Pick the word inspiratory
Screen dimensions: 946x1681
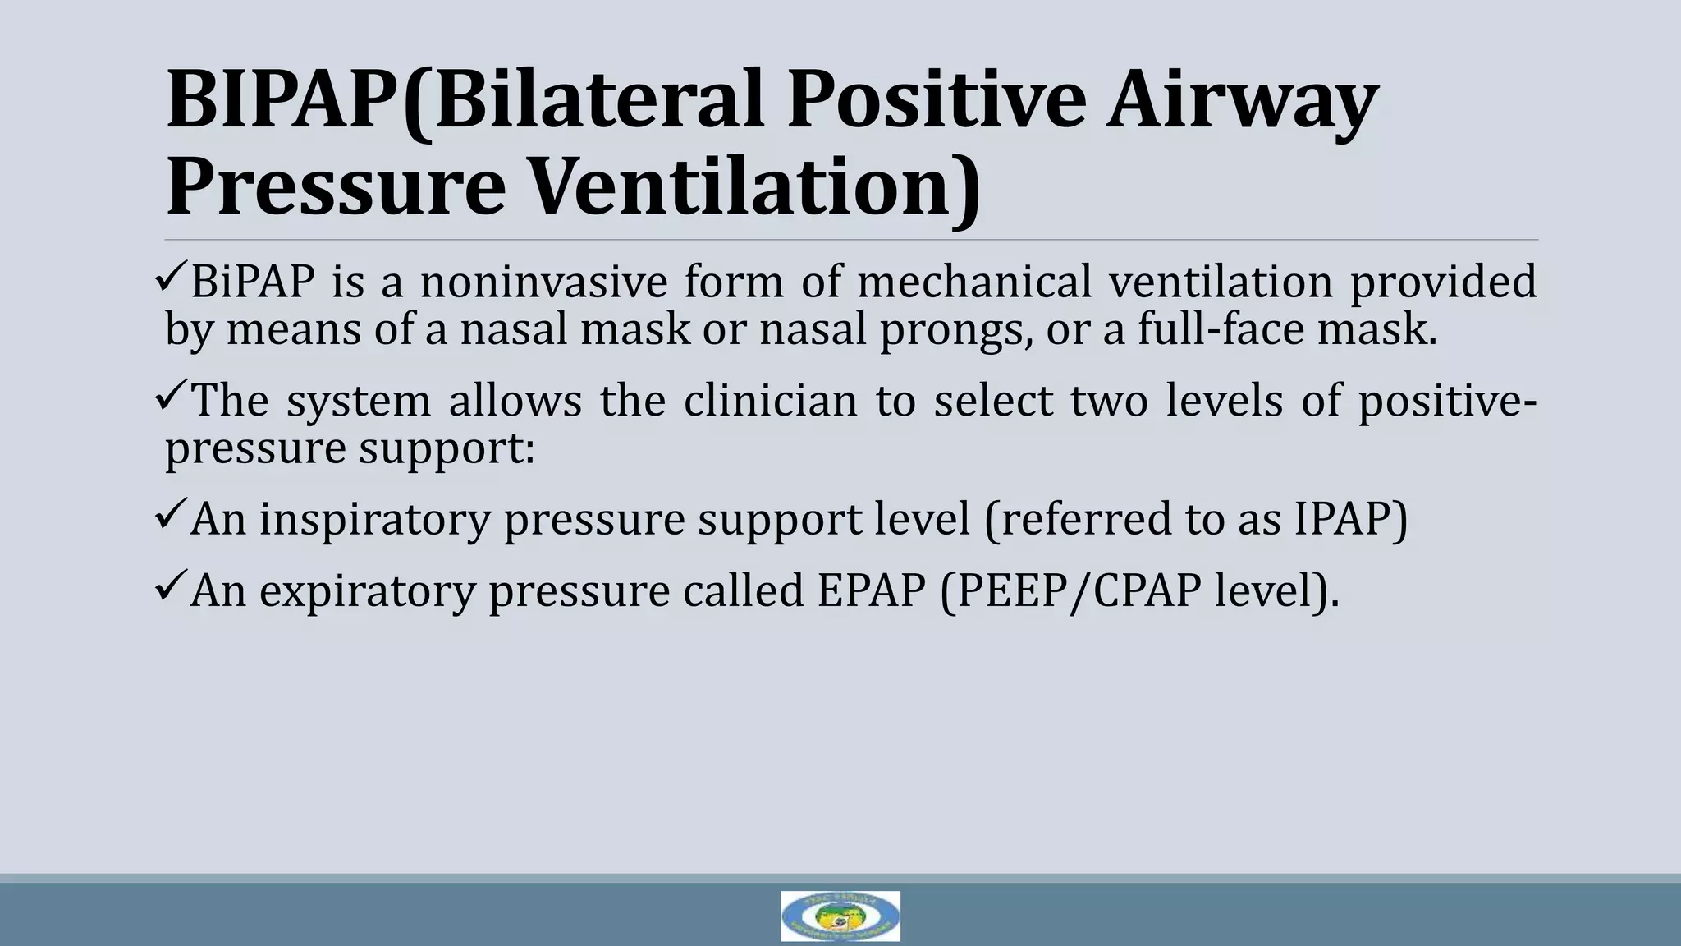pos(374,520)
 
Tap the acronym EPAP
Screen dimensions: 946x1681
pos(872,591)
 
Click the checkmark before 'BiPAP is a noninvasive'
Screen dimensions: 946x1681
pos(171,279)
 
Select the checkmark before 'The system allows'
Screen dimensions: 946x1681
pos(171,399)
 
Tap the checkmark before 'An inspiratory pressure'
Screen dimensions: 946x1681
pos(171,517)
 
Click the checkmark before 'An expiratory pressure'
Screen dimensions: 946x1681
pos(171,589)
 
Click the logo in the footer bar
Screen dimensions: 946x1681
pos(840,916)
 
